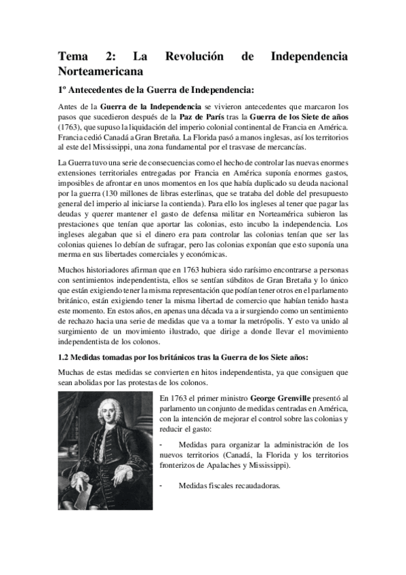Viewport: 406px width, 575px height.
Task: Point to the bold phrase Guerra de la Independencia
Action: tap(150, 106)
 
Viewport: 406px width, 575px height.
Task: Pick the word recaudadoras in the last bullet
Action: tap(255, 485)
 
